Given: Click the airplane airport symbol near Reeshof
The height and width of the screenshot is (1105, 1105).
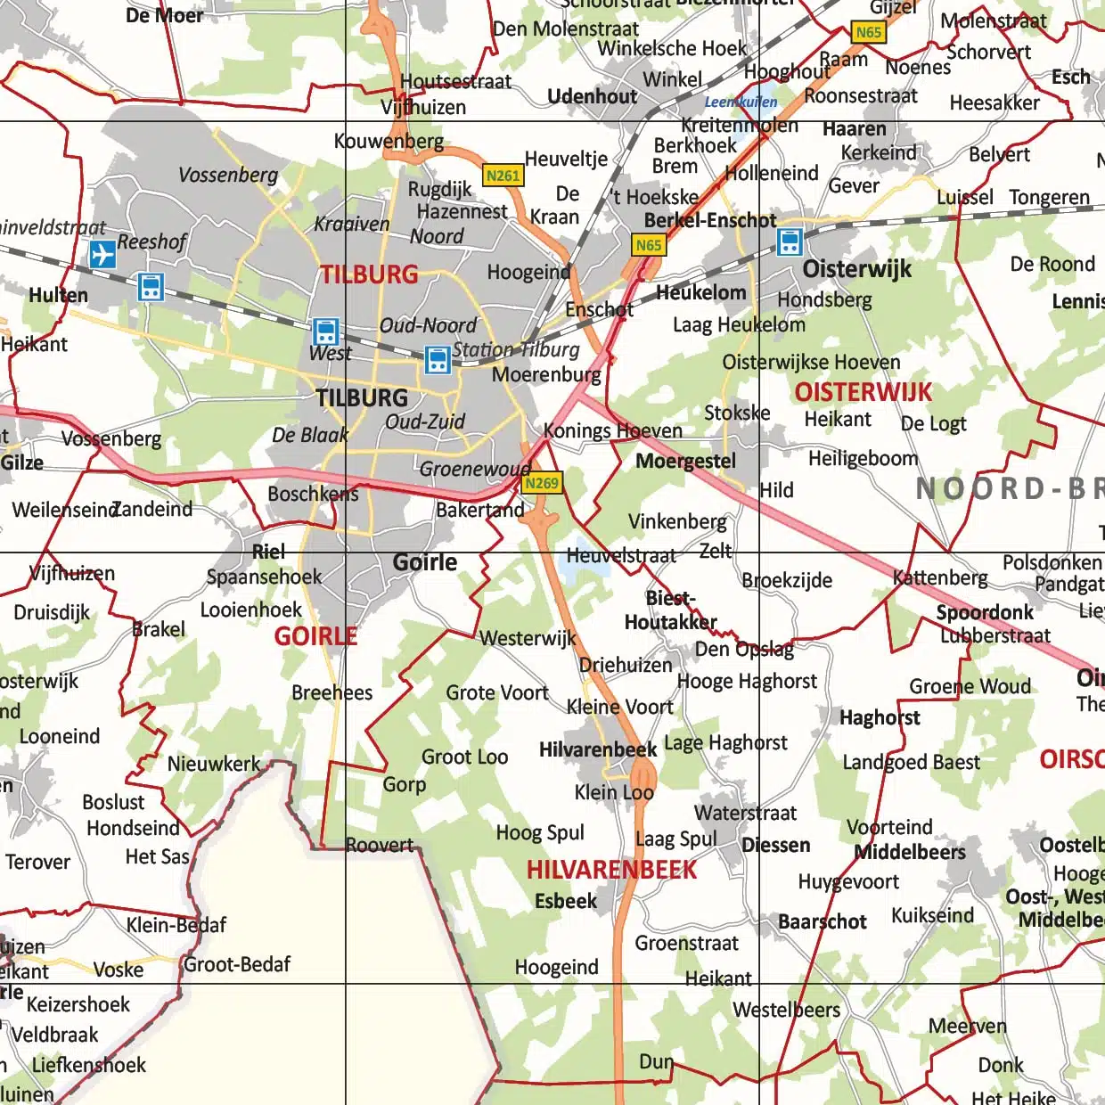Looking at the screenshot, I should click(102, 254).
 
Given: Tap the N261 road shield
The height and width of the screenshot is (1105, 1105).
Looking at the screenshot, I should click(503, 176).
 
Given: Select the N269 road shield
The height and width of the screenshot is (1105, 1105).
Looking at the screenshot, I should click(541, 483).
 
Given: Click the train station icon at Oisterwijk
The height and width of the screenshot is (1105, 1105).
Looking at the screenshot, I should click(790, 241).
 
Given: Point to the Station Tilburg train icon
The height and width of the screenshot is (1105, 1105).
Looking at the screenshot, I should click(438, 360).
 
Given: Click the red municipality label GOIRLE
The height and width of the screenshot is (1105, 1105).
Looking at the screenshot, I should click(315, 636).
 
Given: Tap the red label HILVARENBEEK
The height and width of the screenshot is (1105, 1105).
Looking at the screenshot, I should click(611, 870).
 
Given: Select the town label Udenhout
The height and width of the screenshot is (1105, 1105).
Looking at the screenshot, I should click(592, 96).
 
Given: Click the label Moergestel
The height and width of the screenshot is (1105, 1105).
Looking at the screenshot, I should click(685, 461).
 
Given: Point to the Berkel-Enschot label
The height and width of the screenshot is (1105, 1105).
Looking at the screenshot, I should click(710, 220).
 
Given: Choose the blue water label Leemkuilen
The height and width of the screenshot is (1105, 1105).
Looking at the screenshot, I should click(741, 102).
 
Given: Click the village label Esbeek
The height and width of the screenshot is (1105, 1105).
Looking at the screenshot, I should click(565, 901).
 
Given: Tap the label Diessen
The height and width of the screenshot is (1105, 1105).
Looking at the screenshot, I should click(775, 845).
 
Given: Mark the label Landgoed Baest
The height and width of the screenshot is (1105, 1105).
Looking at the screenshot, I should click(911, 762).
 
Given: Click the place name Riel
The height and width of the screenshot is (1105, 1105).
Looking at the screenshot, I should click(268, 552).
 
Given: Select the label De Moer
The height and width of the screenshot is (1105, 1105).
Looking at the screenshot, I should click(164, 15).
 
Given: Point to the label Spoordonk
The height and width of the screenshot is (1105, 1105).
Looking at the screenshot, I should click(984, 612).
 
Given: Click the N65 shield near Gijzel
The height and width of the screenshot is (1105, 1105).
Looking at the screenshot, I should click(868, 32).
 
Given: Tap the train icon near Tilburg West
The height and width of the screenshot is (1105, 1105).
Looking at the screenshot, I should click(326, 331).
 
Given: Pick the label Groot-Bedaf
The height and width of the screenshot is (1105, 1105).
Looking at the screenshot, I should click(237, 964).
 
